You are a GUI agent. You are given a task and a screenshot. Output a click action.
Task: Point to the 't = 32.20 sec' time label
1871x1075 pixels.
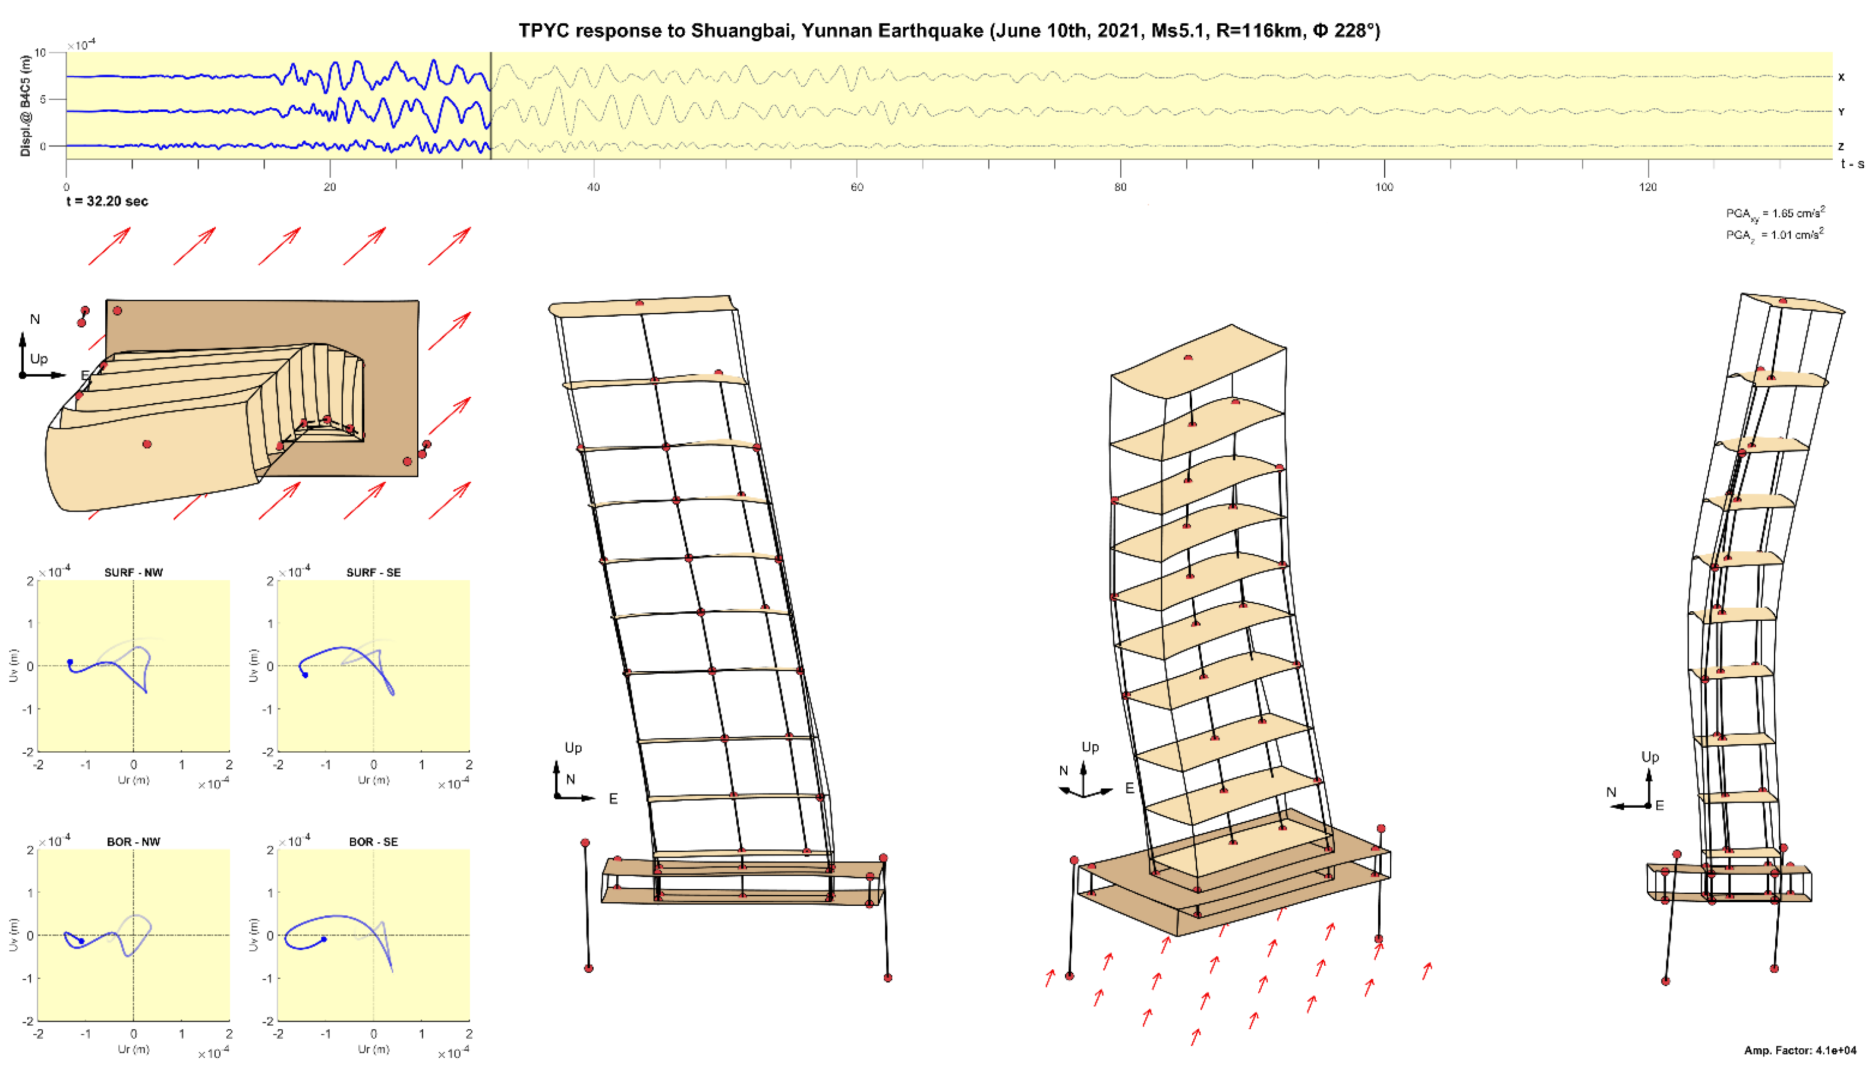(107, 201)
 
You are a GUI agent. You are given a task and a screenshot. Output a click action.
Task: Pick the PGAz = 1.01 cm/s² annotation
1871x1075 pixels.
(1775, 235)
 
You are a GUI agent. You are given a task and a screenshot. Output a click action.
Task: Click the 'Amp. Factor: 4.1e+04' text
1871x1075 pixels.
(1800, 1050)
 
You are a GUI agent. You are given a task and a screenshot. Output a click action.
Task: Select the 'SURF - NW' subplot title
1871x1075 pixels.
(134, 572)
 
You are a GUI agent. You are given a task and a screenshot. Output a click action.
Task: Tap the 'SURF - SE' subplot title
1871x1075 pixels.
(374, 572)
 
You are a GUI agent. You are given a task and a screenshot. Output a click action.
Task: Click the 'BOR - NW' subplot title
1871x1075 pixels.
(134, 842)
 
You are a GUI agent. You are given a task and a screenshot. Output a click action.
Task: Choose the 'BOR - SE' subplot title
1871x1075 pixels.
(374, 842)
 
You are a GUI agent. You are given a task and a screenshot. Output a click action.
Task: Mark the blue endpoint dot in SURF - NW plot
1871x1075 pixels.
(70, 662)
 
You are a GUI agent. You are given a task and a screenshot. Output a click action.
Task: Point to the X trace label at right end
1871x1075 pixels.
(1841, 77)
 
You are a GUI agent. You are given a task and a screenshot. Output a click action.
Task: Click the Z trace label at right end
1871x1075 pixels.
(1841, 146)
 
